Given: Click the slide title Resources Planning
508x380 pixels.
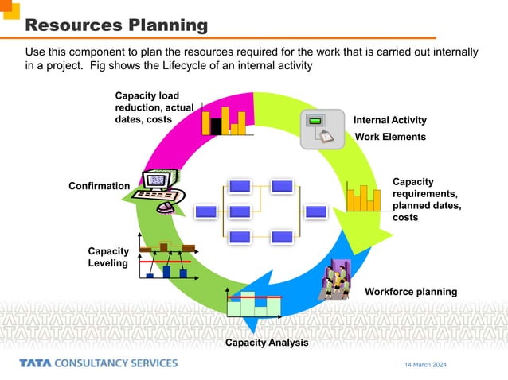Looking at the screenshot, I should coord(117,25).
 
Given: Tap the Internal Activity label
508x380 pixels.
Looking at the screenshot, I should coord(390,120).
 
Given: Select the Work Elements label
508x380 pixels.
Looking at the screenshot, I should coord(390,137).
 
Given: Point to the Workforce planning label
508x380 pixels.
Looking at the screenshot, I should coord(411,292).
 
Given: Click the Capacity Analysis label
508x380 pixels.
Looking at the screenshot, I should coord(266,343).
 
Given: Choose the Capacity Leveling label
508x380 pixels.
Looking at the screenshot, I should coord(107,257).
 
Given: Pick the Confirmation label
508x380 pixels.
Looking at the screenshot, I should coord(99,186).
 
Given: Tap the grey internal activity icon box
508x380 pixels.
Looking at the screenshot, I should coord(322,129).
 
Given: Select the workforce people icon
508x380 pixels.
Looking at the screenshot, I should coord(335,279).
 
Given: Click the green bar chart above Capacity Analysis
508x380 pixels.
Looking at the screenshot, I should coord(253,303).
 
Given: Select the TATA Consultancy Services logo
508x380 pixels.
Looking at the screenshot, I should coord(99,363).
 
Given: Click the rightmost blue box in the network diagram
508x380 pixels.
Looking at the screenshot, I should coord(317,211).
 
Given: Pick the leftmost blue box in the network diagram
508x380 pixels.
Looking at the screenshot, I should coord(206,211).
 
